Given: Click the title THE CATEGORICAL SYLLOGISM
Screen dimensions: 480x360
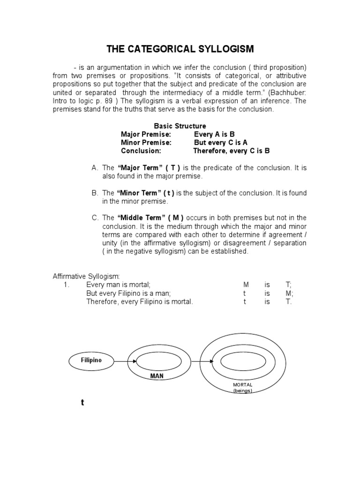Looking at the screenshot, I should [x=180, y=49].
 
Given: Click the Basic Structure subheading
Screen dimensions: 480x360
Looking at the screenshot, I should [x=180, y=126].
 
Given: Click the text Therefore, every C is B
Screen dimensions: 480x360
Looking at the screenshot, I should [x=232, y=151].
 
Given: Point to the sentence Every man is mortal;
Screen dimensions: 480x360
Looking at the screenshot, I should [x=118, y=285].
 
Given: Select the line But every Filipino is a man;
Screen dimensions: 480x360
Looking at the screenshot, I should [x=128, y=293].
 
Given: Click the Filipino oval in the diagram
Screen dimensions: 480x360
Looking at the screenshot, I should [x=91, y=361].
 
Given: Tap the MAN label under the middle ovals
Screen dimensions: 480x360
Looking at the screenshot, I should [x=157, y=376].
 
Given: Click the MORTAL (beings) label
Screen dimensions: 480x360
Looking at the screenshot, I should [x=242, y=387].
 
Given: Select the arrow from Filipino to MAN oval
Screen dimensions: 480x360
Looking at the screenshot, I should [x=125, y=361].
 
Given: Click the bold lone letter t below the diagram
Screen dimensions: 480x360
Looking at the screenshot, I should [x=82, y=403].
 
